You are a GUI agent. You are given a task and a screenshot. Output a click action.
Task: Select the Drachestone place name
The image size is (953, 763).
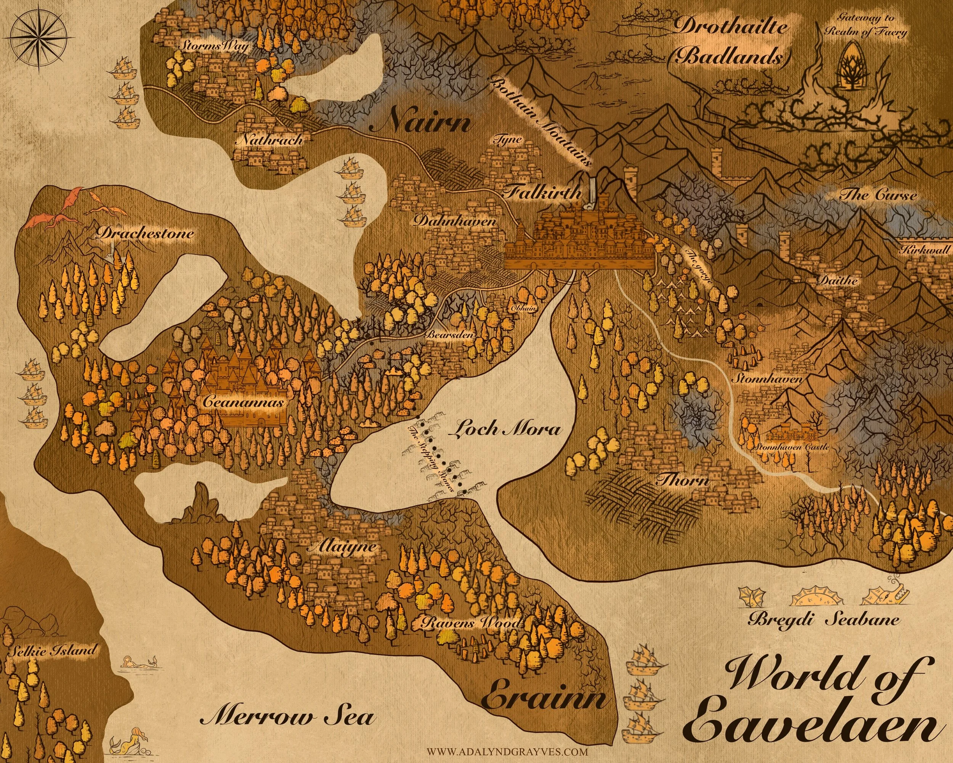[145, 233]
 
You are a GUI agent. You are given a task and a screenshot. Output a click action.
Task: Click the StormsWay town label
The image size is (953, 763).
[213, 46]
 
